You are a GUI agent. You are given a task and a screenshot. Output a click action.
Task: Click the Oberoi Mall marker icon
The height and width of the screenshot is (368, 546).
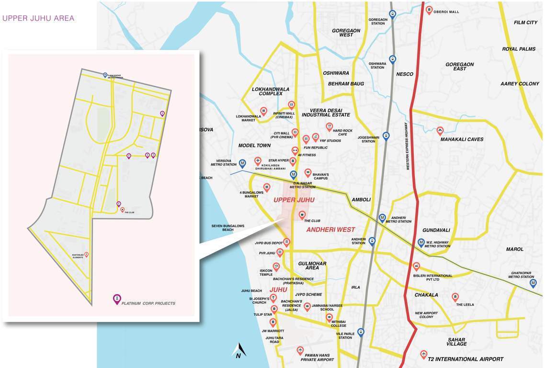[x=429, y=10]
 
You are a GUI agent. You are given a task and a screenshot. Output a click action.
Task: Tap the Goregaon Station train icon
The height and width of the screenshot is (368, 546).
[x=393, y=14]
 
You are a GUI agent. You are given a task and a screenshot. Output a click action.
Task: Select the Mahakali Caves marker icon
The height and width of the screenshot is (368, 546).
[x=440, y=130]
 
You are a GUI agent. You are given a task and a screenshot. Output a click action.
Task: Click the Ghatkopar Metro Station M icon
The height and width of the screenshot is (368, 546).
[x=533, y=283]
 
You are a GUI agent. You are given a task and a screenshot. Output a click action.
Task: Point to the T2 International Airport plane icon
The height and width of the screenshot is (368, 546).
[x=423, y=354]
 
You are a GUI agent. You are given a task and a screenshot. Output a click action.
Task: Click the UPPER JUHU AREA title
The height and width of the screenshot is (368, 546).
[x=38, y=19]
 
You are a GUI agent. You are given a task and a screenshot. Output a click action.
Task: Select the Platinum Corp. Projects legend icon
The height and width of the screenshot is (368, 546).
[x=117, y=299]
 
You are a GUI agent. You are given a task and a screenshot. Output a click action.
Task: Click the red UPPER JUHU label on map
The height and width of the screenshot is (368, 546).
[x=294, y=199]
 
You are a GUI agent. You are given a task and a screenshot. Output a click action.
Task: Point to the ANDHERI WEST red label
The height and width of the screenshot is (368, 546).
[x=330, y=230]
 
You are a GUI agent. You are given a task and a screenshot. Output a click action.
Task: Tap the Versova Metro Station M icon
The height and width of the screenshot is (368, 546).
[x=243, y=163]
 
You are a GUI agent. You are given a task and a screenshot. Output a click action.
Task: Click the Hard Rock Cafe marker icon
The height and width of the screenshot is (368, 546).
[x=329, y=126]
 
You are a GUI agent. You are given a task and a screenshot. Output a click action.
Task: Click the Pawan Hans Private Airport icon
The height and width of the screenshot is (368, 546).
[x=300, y=350]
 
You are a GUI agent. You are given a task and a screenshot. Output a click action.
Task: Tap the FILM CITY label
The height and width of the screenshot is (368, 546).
[x=525, y=23]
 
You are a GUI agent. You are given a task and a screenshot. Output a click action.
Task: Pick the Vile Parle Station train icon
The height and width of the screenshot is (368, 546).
[x=361, y=332]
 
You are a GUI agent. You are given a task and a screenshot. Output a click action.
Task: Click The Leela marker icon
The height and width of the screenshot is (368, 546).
[x=455, y=297]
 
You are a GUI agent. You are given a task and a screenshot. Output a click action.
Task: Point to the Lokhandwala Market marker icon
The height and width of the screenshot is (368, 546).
[x=263, y=111]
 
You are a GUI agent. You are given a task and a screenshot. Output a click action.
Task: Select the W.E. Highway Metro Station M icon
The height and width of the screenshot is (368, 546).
[x=421, y=242]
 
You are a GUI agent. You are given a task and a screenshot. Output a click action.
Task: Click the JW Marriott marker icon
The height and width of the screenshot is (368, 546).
[x=273, y=322]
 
